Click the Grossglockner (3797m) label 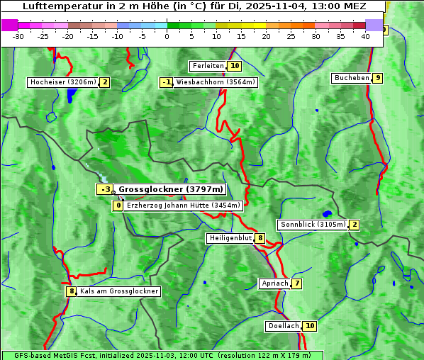click(x=170, y=189)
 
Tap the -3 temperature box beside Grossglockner click(x=104, y=189)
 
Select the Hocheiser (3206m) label click(x=62, y=82)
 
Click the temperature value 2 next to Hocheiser click(x=104, y=82)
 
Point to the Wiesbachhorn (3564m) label click(x=216, y=82)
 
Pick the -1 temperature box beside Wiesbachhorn click(x=167, y=82)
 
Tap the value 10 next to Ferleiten click(x=235, y=66)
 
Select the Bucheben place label click(x=352, y=78)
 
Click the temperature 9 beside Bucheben click(x=378, y=78)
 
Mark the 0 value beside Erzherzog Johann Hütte click(x=118, y=206)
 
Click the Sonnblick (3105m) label click(x=313, y=225)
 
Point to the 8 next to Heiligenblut click(x=260, y=238)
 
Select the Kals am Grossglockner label click(x=118, y=291)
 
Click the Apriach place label click(x=274, y=284)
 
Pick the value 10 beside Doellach click(x=310, y=326)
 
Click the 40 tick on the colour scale click(x=365, y=36)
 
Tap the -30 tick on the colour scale click(x=18, y=36)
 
